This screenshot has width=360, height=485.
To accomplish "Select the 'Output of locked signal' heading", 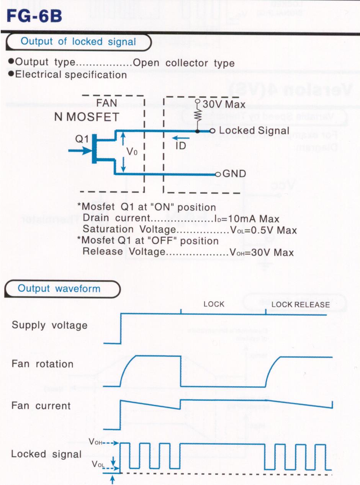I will tap(78, 42).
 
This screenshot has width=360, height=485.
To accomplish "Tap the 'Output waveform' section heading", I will tap(59, 288).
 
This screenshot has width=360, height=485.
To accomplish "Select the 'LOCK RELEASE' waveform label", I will tap(300, 305).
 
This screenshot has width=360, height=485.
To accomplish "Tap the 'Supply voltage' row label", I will tap(49, 325).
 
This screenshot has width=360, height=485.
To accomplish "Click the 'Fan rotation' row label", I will tap(43, 364).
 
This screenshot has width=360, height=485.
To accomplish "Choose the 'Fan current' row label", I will tap(41, 405).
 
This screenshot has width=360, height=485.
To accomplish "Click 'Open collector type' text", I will tap(183, 63).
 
